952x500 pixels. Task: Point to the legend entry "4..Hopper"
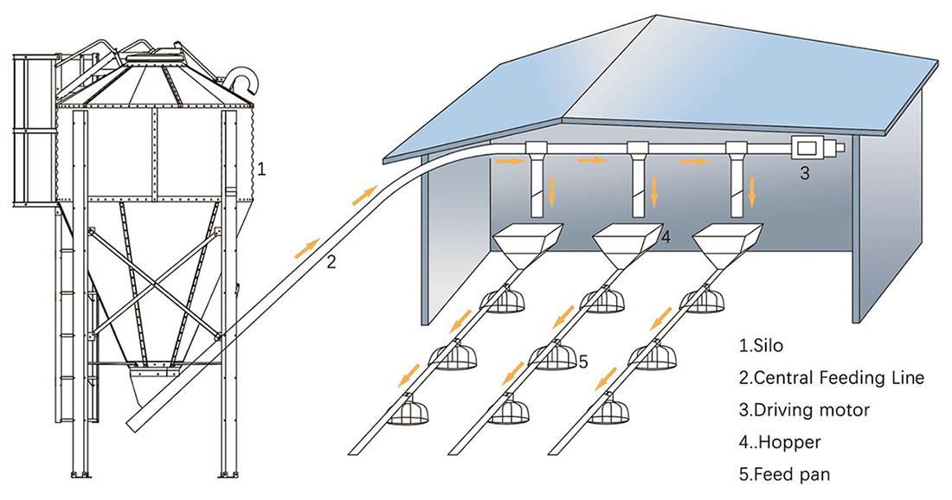(x=778, y=441)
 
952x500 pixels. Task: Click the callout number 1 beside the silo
(x=262, y=171)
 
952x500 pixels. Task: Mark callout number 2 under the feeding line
(x=331, y=262)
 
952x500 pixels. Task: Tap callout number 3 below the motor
(x=804, y=173)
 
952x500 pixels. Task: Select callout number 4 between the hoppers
(x=666, y=237)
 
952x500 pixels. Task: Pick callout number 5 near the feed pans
(x=582, y=362)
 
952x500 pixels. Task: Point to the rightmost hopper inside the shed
(x=729, y=244)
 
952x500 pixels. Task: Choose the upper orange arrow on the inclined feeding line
(x=366, y=195)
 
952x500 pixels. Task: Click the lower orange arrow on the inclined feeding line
(x=306, y=248)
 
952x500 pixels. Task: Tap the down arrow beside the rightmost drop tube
(x=751, y=192)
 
